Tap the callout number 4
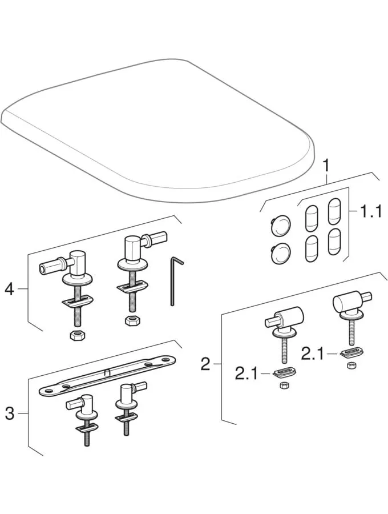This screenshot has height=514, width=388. [9, 290]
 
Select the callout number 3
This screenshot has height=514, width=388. [9, 414]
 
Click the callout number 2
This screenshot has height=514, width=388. [205, 364]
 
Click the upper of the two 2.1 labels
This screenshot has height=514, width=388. [313, 354]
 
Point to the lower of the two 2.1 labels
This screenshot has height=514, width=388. [246, 374]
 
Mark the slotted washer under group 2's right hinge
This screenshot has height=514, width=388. [349, 352]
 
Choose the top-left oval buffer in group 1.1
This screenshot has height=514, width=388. [310, 217]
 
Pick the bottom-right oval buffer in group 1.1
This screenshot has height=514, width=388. [334, 241]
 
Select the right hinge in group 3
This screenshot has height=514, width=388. [127, 405]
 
